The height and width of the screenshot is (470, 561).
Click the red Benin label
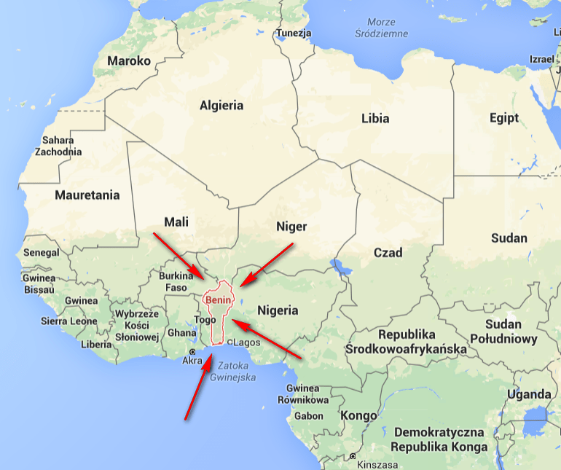point(218,299)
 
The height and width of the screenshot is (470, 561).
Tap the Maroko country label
point(129,61)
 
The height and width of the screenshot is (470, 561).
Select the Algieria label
point(221,106)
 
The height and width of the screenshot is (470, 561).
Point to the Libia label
point(375,118)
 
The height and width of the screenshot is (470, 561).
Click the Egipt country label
point(504,118)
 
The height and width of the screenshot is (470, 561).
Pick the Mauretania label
point(87,195)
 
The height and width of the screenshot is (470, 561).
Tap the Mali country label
point(176,222)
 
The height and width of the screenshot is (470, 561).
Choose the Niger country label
point(291,227)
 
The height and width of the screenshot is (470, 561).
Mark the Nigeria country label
point(278,310)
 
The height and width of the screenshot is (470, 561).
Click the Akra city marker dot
point(192,352)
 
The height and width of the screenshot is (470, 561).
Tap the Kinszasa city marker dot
point(353,456)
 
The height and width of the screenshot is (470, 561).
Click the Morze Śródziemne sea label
point(382,28)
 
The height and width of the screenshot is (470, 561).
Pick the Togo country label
point(205,320)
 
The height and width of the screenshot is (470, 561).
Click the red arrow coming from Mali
point(179,256)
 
